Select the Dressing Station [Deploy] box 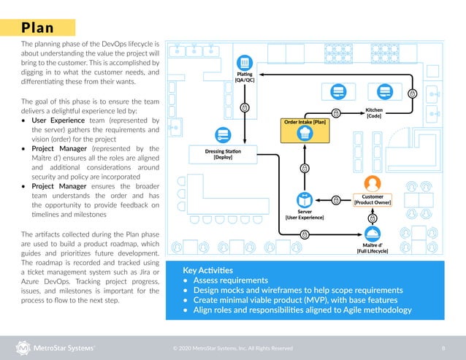(x=223, y=153)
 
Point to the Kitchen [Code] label (x=374, y=112)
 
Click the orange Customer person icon (x=373, y=183)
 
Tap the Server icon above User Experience (x=304, y=199)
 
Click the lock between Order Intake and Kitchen (x=335, y=112)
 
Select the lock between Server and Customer (x=336, y=199)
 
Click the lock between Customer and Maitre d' (x=373, y=218)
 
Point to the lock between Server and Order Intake (x=305, y=168)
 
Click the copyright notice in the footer (x=233, y=348)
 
